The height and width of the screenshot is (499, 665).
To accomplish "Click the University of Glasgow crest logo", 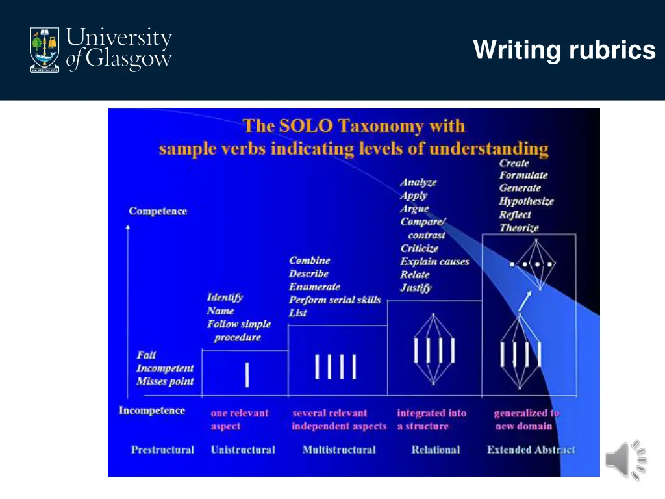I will [44, 49].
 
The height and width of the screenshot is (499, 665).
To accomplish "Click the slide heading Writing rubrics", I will [564, 50].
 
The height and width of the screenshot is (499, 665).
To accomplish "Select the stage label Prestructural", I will [162, 450].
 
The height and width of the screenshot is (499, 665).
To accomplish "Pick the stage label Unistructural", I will [243, 450].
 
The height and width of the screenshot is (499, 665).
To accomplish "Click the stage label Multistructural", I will [339, 450].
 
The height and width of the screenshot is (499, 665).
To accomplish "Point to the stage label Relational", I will [435, 450].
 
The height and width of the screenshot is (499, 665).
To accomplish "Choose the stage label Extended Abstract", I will [531, 450].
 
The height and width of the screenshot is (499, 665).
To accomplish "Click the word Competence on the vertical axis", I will [158, 211].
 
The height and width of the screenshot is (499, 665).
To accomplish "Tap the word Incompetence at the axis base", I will [151, 411].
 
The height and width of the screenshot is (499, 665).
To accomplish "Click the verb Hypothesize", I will [526, 201].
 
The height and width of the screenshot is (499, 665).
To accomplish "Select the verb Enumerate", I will [314, 287].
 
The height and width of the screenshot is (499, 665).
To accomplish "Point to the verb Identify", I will [225, 298].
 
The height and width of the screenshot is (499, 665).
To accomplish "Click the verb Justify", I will [416, 287].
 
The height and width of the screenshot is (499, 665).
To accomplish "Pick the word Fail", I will [146, 355].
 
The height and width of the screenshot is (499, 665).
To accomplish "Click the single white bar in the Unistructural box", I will [247, 374].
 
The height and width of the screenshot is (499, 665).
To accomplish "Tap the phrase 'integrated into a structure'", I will [431, 420].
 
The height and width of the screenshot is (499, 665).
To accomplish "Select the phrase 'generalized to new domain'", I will [526, 420].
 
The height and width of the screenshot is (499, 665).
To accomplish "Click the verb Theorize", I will [519, 228].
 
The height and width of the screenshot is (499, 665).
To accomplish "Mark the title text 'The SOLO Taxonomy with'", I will [354, 125].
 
